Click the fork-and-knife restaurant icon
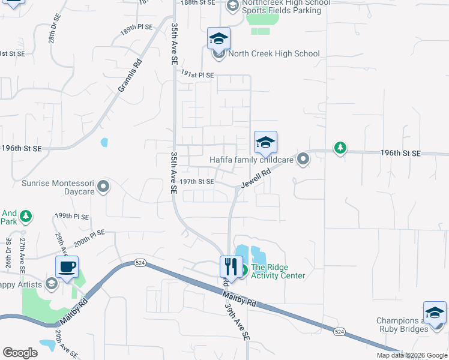(x=231, y=266)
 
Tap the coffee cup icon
(x=67, y=266)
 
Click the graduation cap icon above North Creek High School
(x=219, y=39)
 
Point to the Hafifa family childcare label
(x=251, y=160)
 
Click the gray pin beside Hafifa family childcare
(x=303, y=160)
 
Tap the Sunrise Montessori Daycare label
(x=58, y=187)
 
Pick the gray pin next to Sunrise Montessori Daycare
(x=104, y=187)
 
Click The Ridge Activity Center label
(x=278, y=272)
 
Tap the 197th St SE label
(x=197, y=182)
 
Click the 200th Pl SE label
(x=89, y=238)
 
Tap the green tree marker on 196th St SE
(x=340, y=148)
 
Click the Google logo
(x=20, y=353)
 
